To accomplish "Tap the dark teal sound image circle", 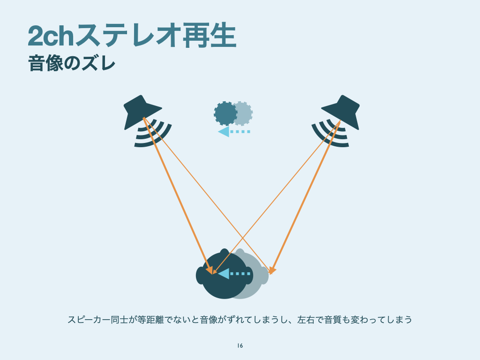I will click(x=225, y=113).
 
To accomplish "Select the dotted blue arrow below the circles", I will click(x=234, y=132).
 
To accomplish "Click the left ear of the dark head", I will click(x=201, y=276).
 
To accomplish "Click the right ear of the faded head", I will click(x=264, y=276).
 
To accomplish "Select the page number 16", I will click(x=240, y=346).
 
